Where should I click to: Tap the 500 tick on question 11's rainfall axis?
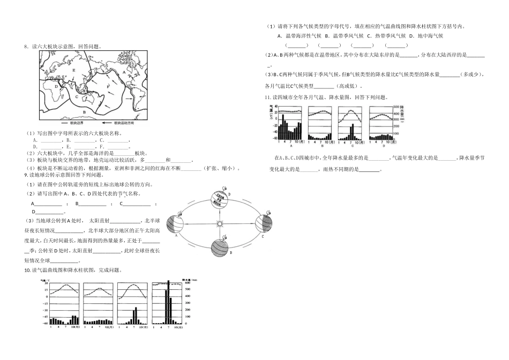[x=396, y=108]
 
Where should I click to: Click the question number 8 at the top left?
[x=26, y=47]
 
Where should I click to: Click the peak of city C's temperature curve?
[x=351, y=111]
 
